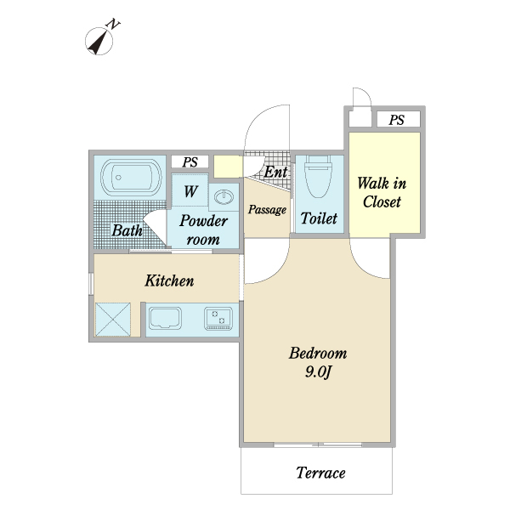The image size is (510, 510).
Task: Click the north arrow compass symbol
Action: [99, 42]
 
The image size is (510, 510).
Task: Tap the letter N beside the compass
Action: [113, 25]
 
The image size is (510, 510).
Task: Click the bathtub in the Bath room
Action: [131, 178]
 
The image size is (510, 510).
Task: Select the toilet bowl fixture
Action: [318, 176]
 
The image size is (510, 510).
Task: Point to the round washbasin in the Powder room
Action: [224, 197]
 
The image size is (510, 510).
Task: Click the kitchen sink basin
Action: [165, 318]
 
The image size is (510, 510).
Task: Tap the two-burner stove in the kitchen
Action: [218, 319]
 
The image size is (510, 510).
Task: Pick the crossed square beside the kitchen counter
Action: [113, 320]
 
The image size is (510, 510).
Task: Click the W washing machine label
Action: [190, 191]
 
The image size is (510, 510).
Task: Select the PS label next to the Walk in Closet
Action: [396, 120]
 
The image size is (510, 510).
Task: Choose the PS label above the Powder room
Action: [190, 162]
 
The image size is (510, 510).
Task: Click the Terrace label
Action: [320, 473]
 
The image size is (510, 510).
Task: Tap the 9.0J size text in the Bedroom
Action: [318, 371]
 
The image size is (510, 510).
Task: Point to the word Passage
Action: [267, 209]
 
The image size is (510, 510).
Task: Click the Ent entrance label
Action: [275, 172]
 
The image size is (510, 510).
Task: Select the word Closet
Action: [382, 201]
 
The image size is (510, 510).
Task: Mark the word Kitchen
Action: [169, 280]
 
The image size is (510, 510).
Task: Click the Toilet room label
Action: [319, 218]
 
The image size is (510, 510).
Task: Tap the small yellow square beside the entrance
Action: [228, 167]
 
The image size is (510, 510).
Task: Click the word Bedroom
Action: [318, 354]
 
